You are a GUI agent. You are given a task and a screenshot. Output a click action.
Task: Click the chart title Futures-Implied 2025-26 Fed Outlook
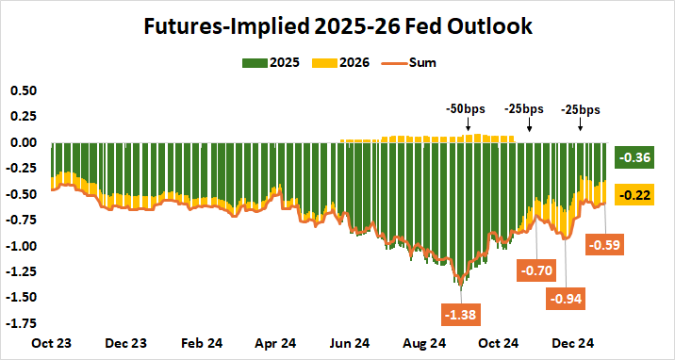(x=337, y=26)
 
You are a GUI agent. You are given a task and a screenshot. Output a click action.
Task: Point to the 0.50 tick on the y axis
(x=22, y=90)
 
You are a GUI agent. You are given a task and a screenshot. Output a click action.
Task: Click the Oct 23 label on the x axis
(x=53, y=345)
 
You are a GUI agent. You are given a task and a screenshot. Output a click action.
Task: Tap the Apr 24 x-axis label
(x=276, y=345)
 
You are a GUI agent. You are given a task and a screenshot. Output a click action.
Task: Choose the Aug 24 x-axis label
(x=425, y=345)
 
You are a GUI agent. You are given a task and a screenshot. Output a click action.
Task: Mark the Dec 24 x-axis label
(x=572, y=345)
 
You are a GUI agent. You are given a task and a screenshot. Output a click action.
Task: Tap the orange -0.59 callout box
(x=604, y=245)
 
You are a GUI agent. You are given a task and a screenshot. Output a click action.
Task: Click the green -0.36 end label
(x=631, y=158)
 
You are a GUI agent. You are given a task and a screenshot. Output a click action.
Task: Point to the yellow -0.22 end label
(x=631, y=194)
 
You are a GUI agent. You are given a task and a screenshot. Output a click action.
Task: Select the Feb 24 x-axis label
(x=201, y=345)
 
